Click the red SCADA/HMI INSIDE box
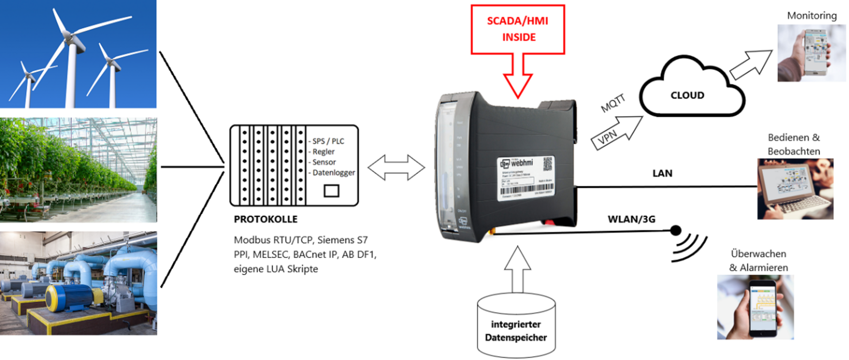(x=517, y=29)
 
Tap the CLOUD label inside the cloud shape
(x=687, y=95)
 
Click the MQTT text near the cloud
(x=613, y=103)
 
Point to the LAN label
(x=662, y=173)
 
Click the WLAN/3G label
(x=631, y=219)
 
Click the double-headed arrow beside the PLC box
(x=396, y=168)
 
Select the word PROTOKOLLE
(x=265, y=219)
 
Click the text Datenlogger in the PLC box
(x=333, y=172)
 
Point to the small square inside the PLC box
(x=331, y=191)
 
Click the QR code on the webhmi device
(x=547, y=164)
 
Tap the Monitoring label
(x=811, y=16)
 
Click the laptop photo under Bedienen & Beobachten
(x=795, y=189)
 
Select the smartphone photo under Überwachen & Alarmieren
(x=755, y=307)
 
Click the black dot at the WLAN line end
(x=675, y=230)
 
